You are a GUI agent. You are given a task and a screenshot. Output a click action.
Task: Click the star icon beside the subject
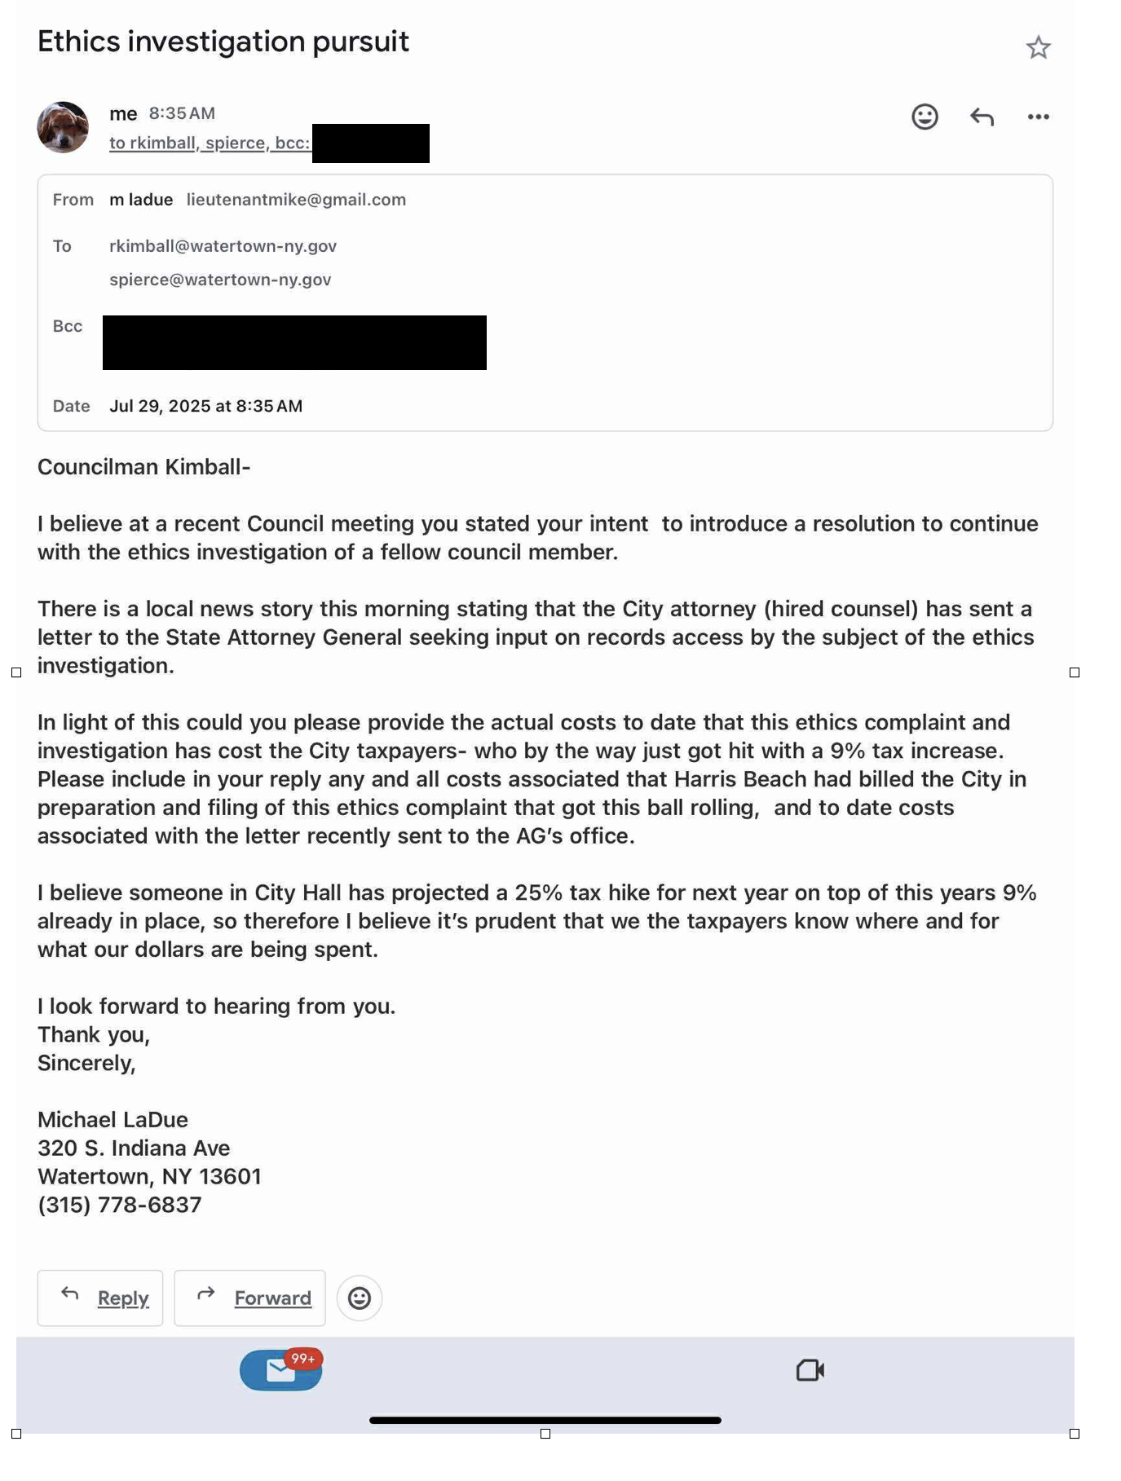1038,47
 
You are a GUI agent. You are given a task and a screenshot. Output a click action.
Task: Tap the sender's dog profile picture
63,127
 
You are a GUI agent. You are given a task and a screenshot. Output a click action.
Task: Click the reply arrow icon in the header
982,117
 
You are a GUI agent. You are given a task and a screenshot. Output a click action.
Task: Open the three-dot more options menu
1038,117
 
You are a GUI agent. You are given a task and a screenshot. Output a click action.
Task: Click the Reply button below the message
100,1298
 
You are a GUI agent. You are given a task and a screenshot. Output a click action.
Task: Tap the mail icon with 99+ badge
281,1370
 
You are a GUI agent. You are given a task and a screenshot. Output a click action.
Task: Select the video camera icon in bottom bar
810,1370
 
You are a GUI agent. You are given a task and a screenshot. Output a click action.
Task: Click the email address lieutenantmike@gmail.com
296,200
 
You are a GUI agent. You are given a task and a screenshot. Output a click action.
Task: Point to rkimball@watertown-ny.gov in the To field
223,246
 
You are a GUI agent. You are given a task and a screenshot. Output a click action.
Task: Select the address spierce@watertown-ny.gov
220,280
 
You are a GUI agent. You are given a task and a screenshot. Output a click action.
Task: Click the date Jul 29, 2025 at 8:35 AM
205,406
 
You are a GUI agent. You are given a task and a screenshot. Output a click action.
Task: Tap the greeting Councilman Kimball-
143,467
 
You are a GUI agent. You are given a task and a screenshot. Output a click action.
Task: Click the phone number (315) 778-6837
119,1205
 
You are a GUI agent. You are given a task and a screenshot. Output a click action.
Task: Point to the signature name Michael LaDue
113,1120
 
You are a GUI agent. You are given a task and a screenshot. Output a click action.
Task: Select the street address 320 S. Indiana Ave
134,1148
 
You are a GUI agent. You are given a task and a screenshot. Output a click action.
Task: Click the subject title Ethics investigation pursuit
223,42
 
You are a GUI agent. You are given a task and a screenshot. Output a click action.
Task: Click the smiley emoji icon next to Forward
360,1298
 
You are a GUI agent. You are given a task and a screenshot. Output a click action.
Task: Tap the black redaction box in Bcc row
294,342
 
